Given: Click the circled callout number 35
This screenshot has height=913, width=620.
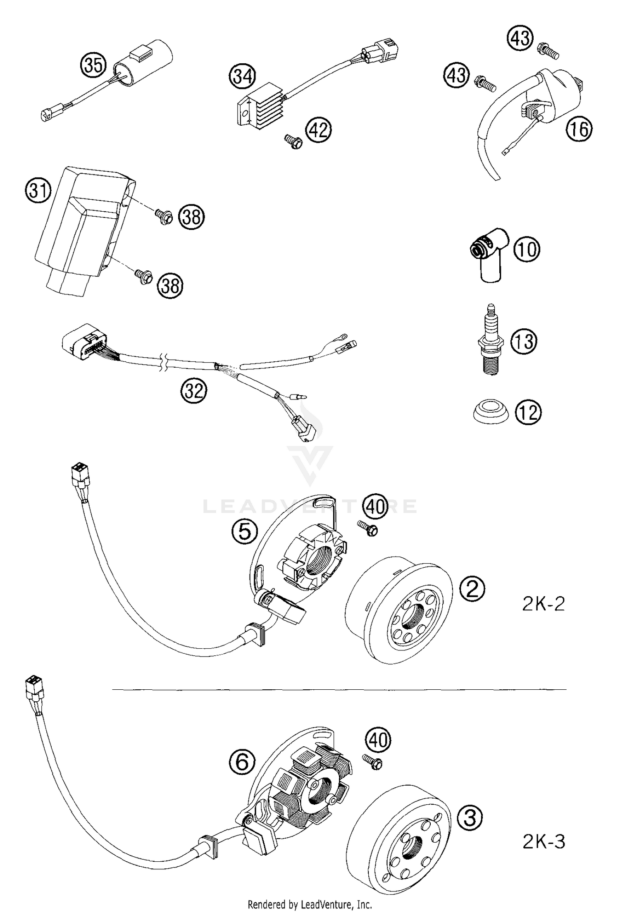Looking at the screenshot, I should point(93,65).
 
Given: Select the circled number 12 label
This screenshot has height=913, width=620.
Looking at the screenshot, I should point(528,413).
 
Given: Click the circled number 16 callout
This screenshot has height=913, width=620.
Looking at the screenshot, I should point(579,129).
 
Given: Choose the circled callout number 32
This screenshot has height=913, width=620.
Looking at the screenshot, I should point(193,390).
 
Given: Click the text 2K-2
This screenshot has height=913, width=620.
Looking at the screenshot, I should point(543,604).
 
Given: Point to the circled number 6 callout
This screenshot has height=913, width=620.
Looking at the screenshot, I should point(242,762).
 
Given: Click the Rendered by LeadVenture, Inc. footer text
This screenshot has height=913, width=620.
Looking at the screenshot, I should point(310,904).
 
